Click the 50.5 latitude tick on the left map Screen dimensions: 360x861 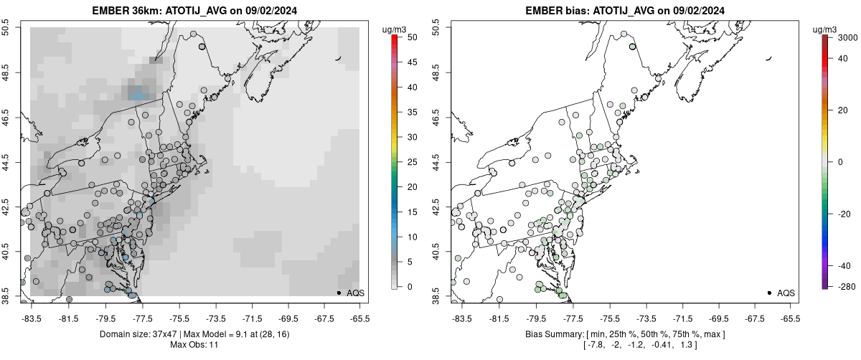9,28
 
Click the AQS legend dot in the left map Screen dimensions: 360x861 339,293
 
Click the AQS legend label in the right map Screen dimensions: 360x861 786,293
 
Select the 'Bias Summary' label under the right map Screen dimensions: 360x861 554,334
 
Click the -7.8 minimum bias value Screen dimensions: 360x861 596,346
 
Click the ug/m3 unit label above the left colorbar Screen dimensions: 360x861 396,29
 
